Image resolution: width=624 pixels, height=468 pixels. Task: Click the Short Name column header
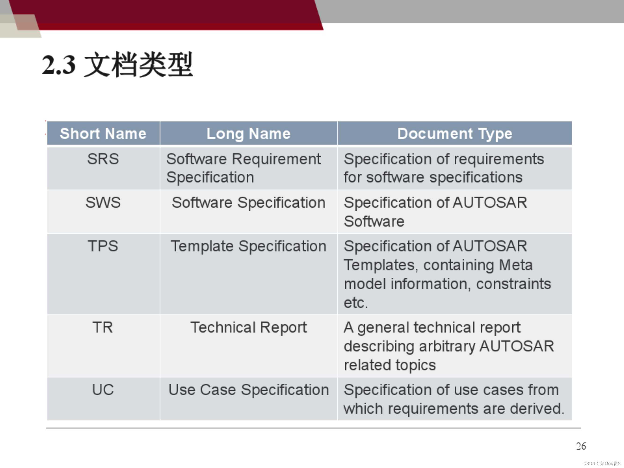pos(103,133)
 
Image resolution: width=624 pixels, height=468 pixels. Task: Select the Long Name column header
pos(248,133)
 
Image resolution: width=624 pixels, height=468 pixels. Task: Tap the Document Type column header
pos(455,133)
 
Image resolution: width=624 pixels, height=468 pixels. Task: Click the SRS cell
pos(103,159)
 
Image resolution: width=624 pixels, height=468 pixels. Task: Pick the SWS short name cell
pos(103,203)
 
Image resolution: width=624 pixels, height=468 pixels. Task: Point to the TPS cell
pos(103,246)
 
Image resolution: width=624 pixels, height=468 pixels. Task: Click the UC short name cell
pos(103,390)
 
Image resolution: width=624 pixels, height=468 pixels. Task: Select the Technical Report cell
pos(248,328)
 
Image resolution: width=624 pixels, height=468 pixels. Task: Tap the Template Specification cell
pos(248,246)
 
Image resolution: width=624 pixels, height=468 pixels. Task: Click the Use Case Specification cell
pos(248,390)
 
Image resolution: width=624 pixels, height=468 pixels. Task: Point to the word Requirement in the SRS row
pos(276,159)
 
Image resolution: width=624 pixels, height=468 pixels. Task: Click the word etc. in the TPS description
pos(356,303)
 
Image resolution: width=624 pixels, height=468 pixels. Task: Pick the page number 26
pos(581,446)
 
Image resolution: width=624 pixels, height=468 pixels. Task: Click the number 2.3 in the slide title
pos(59,65)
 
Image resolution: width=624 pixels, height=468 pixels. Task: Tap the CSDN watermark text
pos(602,464)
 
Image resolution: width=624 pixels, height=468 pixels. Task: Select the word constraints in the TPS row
pos(514,284)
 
